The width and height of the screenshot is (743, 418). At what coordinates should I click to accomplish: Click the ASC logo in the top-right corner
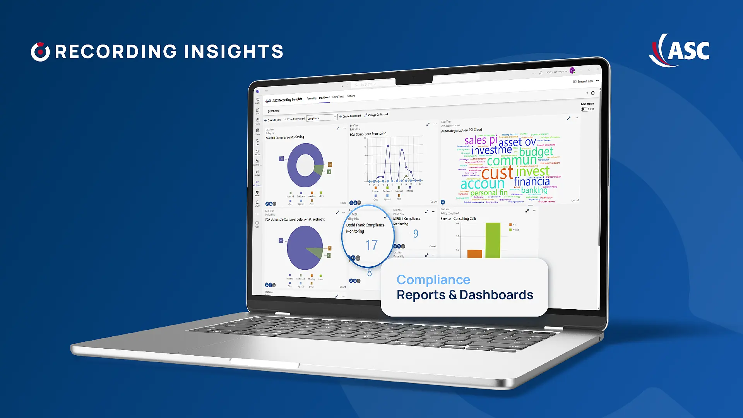click(680, 50)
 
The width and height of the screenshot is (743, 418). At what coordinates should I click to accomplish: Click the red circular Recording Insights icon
click(40, 52)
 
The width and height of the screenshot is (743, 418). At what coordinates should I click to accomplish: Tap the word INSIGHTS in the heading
click(233, 52)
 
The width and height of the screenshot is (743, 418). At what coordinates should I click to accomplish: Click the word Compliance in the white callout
click(433, 279)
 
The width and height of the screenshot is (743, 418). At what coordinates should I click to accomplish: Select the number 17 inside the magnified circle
click(371, 245)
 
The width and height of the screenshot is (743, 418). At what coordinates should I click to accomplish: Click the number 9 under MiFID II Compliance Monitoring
click(416, 234)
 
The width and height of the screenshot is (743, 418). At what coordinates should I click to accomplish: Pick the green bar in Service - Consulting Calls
click(493, 240)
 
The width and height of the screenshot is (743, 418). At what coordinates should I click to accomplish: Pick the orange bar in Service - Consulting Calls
click(475, 254)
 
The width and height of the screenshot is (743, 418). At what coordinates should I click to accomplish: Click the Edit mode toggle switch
click(584, 109)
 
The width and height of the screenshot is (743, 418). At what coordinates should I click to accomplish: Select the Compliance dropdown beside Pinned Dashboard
click(322, 118)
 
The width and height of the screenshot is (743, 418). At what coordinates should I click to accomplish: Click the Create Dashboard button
click(350, 116)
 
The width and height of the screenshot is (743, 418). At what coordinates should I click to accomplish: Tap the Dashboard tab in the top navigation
click(324, 98)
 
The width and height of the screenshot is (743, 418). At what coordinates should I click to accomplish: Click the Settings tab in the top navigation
click(351, 96)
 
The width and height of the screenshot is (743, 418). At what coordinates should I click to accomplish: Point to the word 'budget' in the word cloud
click(536, 152)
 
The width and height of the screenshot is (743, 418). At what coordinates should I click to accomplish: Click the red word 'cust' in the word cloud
click(497, 173)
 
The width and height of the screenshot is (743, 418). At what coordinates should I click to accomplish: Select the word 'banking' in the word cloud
click(534, 190)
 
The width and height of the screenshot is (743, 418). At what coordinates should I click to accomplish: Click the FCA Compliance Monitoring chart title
click(368, 134)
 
